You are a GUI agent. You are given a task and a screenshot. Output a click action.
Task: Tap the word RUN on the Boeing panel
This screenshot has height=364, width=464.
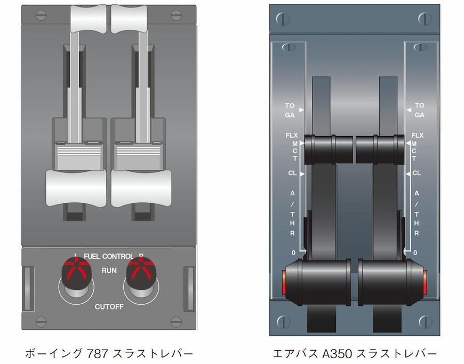(x=109, y=271)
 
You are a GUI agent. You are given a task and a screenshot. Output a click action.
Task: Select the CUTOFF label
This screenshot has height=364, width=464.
(x=109, y=306)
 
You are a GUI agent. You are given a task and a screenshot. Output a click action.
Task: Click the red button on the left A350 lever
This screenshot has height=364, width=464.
(x=284, y=280)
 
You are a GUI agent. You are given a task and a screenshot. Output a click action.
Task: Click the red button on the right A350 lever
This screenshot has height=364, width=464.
(x=425, y=280)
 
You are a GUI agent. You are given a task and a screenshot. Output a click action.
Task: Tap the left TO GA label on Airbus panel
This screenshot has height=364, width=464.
(x=290, y=110)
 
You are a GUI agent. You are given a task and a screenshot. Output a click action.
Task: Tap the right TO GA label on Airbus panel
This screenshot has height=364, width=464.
(x=420, y=110)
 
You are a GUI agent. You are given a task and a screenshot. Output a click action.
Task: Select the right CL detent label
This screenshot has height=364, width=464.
(x=417, y=173)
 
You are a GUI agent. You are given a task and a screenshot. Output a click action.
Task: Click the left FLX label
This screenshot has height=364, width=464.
(x=291, y=136)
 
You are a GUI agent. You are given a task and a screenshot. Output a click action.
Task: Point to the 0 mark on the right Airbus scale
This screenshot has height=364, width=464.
(x=415, y=252)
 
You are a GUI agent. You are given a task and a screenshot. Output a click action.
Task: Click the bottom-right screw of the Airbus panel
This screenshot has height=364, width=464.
(x=424, y=321)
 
